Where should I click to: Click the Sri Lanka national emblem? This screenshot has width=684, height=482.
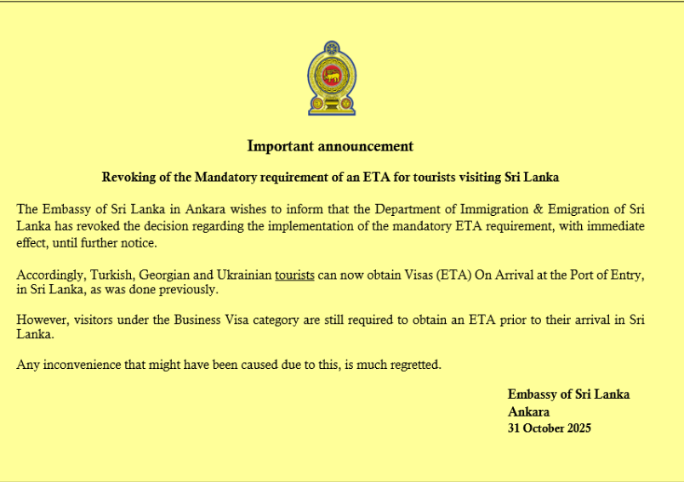pyautogui.click(x=332, y=78)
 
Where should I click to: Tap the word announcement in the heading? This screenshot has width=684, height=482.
pyautogui.click(x=365, y=146)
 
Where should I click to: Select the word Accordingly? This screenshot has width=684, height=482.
pyautogui.click(x=48, y=275)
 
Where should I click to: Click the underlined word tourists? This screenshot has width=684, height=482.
pyautogui.click(x=294, y=275)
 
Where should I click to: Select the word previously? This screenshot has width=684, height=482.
pyautogui.click(x=191, y=291)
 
